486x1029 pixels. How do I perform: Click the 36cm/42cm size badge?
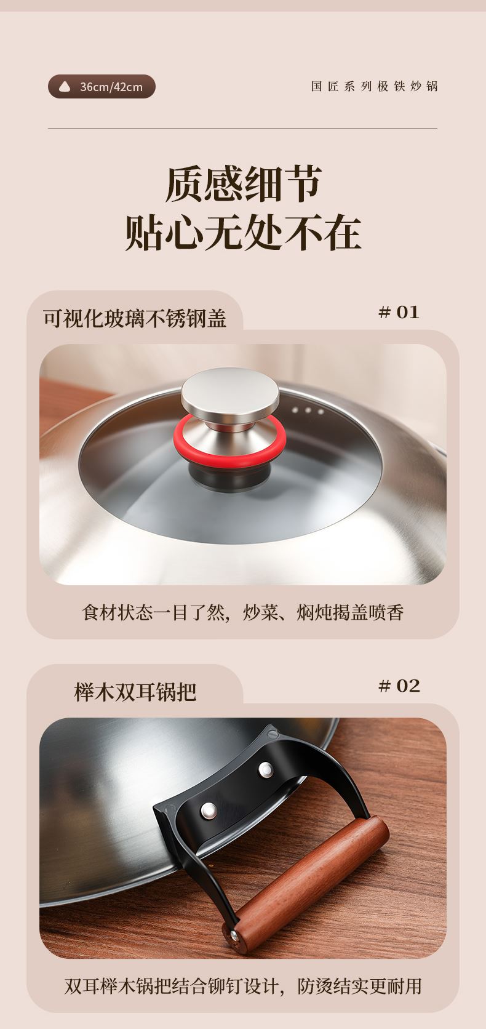coord(102,86)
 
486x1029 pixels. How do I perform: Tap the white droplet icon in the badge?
coord(65,86)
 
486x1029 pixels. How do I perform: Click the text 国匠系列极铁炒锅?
coord(374,86)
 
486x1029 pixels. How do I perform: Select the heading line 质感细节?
coord(243,185)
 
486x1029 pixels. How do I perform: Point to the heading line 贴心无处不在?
coord(243,233)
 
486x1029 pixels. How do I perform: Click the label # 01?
coord(398,313)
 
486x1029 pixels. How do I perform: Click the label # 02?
coord(399,686)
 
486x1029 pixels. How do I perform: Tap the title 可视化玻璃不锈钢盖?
coord(135,318)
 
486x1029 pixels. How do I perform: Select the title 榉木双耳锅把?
coord(135,692)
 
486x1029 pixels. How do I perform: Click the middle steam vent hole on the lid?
coord(308,410)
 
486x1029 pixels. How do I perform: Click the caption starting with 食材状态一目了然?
coord(243,612)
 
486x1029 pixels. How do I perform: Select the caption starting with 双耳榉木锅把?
coord(243,987)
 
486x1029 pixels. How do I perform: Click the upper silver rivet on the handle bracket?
coord(265,769)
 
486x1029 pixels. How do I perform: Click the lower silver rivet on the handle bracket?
coord(209,811)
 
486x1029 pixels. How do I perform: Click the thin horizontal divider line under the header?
coord(242,128)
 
